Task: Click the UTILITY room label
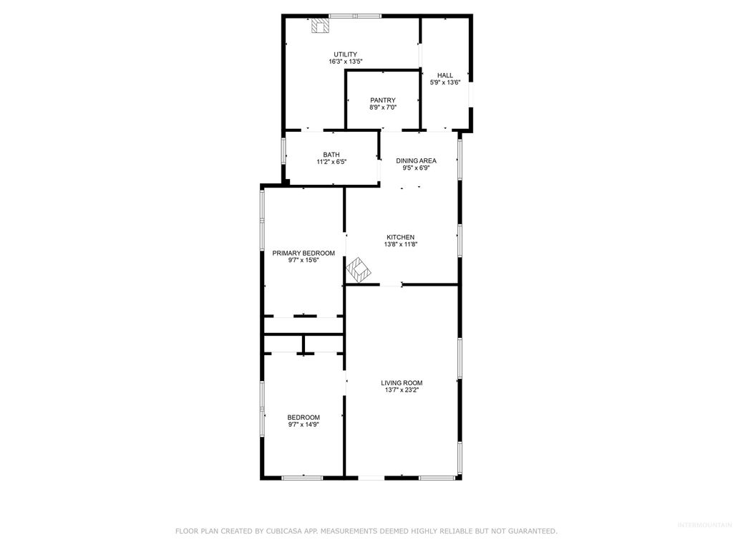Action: point(345,54)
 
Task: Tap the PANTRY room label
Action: point(382,100)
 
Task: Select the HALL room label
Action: point(445,75)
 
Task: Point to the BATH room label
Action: point(331,155)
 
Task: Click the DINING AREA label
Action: point(416,161)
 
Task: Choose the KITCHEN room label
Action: point(400,237)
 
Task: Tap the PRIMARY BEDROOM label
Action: point(304,253)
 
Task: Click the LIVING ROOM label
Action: point(402,383)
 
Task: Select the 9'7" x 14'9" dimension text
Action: point(304,425)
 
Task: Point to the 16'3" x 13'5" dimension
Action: point(345,62)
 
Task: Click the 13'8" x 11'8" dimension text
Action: point(400,244)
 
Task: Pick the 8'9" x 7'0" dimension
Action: point(382,107)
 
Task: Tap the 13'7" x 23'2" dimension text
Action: point(402,390)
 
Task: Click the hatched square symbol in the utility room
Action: point(320,26)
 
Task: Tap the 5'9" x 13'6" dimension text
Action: point(445,82)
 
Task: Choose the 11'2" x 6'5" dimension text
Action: point(331,162)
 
